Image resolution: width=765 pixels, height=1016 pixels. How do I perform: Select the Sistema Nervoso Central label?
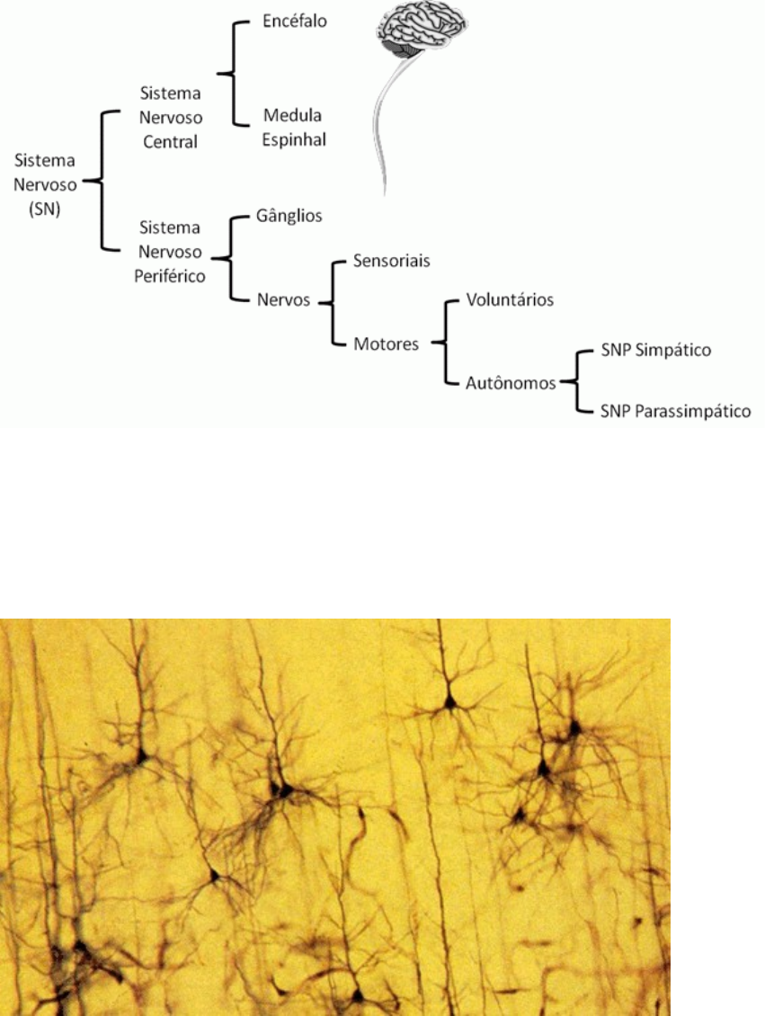click(171, 116)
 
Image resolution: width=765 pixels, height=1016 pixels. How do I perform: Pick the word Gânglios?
click(288, 216)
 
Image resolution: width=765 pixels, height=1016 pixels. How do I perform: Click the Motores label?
click(387, 343)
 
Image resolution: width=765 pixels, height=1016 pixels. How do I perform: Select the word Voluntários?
click(510, 299)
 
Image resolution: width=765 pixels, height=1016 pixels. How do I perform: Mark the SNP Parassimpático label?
click(675, 411)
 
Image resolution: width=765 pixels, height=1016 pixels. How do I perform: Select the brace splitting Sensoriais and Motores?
click(334, 302)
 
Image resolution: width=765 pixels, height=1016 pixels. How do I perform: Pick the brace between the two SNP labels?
click(576, 381)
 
